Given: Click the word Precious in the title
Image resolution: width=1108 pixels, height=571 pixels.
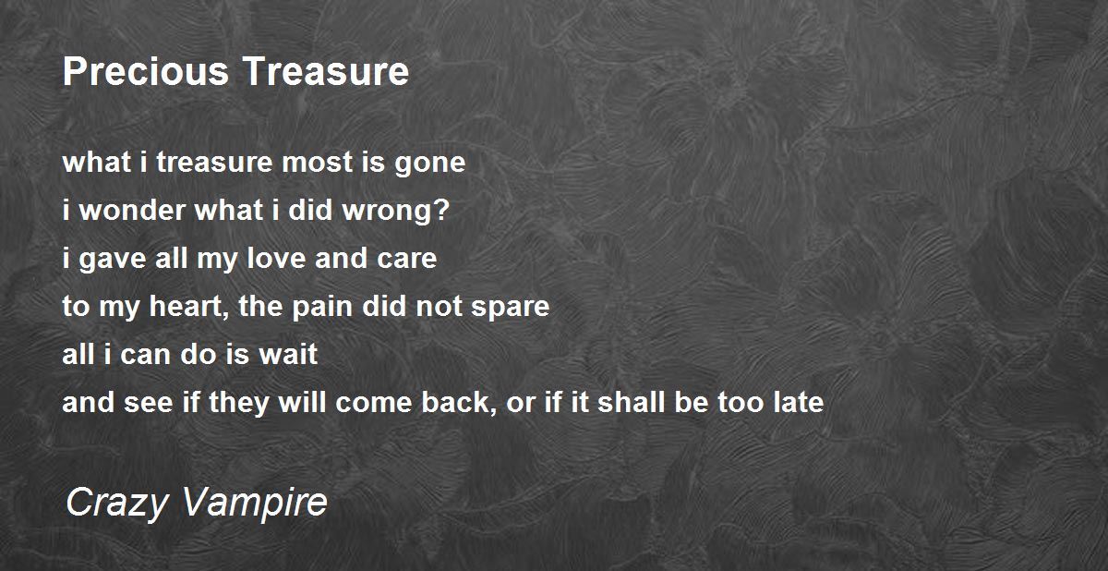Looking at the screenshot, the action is [x=146, y=71].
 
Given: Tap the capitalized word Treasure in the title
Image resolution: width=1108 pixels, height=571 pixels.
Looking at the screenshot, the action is [x=326, y=71].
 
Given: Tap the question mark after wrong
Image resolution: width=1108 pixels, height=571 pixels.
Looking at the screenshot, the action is [x=442, y=210].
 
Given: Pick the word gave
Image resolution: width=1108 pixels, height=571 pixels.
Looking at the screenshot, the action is [x=113, y=260].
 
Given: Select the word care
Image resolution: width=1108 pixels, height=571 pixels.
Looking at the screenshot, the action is [x=406, y=259].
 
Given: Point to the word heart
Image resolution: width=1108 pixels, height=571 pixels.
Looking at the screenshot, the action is [x=186, y=306].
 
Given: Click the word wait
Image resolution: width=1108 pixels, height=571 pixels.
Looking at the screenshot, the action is [x=288, y=354].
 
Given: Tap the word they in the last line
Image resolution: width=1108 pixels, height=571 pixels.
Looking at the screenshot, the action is [x=238, y=403].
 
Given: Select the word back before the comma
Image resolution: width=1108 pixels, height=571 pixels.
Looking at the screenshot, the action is [x=454, y=402].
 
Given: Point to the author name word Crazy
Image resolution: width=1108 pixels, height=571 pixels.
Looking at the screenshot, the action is [x=116, y=503].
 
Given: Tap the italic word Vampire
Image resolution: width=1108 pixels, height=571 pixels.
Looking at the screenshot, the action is [x=255, y=503].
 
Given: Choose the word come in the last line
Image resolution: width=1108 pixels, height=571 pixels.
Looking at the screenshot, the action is [x=373, y=403].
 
